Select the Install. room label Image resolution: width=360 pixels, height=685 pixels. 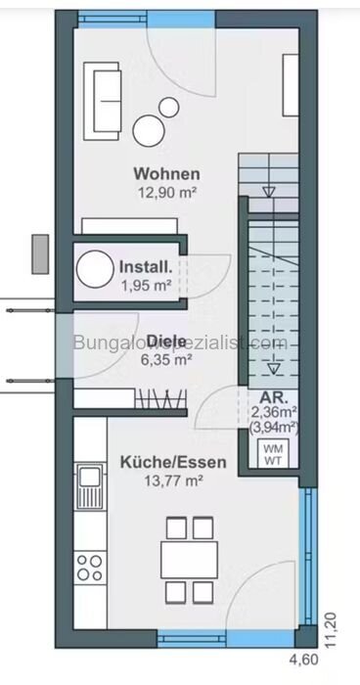coord(146,266)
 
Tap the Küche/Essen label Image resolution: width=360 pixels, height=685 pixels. coord(161,462)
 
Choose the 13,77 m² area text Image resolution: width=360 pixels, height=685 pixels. coord(161,480)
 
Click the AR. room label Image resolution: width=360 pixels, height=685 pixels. coord(271,398)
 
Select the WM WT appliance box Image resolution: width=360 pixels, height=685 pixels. coord(271,452)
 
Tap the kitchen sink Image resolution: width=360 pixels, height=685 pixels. coord(91,480)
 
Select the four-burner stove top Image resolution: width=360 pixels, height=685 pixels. coord(91,565)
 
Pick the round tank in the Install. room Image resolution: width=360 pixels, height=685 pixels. coord(96,267)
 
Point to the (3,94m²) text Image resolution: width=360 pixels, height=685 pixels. coord(274,427)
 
